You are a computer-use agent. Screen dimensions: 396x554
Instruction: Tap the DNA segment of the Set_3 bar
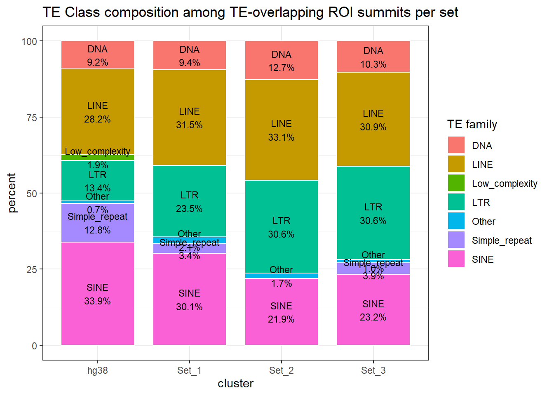(373, 57)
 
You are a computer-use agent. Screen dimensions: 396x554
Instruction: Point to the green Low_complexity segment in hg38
(97, 158)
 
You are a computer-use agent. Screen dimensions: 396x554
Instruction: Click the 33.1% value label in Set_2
(281, 137)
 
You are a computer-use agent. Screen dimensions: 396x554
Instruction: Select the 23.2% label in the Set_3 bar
(373, 317)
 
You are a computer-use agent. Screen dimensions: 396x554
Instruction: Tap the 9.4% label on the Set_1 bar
(189, 63)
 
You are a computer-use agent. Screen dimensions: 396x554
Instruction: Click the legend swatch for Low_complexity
(456, 183)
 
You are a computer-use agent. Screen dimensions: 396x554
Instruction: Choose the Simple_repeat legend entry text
(502, 240)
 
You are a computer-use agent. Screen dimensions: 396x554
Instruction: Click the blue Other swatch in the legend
(456, 221)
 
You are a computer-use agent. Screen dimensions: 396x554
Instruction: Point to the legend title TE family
(472, 125)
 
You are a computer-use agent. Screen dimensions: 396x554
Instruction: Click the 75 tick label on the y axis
(31, 118)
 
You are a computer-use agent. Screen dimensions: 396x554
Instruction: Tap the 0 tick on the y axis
(35, 346)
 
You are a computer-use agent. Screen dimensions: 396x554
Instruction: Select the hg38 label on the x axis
(97, 370)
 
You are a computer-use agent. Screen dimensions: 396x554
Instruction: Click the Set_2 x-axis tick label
(281, 370)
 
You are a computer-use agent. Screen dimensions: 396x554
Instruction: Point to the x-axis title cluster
(235, 384)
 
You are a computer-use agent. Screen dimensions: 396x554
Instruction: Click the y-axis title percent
(12, 193)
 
